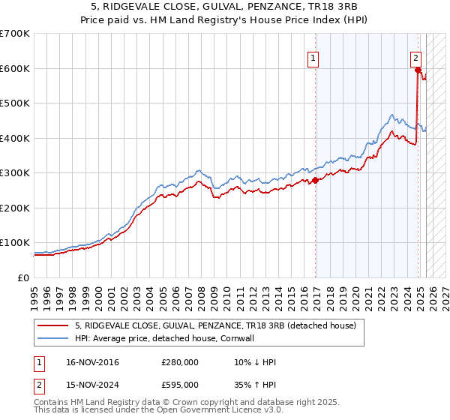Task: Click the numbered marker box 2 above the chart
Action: [x=415, y=56]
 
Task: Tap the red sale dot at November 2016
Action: [x=316, y=180]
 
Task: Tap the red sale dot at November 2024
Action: [x=418, y=70]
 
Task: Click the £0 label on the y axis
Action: [x=24, y=277]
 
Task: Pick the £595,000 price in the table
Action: [x=179, y=384]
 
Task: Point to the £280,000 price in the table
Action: [x=179, y=362]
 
